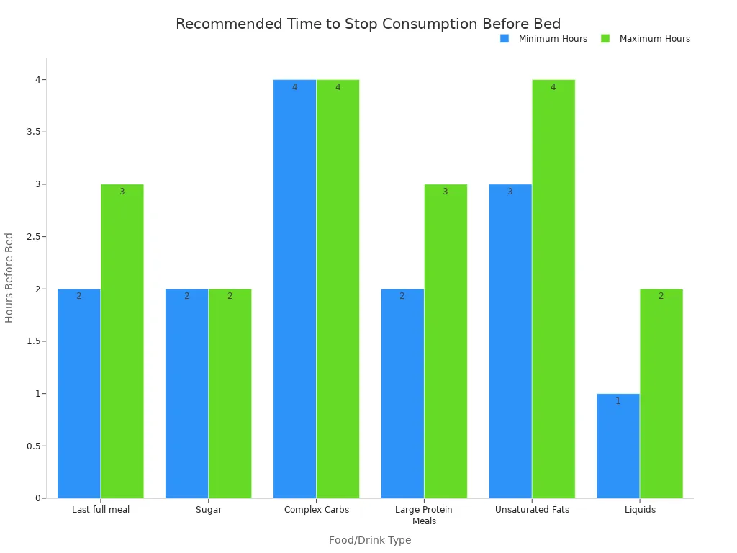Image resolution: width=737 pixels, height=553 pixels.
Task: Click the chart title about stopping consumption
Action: coord(368,24)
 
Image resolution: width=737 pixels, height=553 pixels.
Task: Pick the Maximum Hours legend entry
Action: coord(654,39)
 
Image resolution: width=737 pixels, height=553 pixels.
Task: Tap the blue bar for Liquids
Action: coord(618,446)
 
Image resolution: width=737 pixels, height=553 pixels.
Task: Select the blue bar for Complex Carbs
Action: coord(294,289)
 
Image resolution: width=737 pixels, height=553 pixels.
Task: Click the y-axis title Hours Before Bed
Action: coord(9,277)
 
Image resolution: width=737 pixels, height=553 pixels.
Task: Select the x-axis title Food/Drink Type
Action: coord(370,540)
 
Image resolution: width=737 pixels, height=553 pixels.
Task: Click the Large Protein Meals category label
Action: coord(424,515)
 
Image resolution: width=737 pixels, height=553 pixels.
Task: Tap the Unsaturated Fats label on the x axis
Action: coord(532,510)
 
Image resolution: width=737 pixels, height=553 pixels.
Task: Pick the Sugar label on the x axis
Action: coord(208,510)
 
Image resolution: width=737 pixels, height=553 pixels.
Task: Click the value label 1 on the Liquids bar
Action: coord(618,401)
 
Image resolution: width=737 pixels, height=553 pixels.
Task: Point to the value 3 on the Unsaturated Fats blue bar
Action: coord(510,192)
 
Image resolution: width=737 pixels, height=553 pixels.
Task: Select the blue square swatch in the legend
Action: coord(505,39)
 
